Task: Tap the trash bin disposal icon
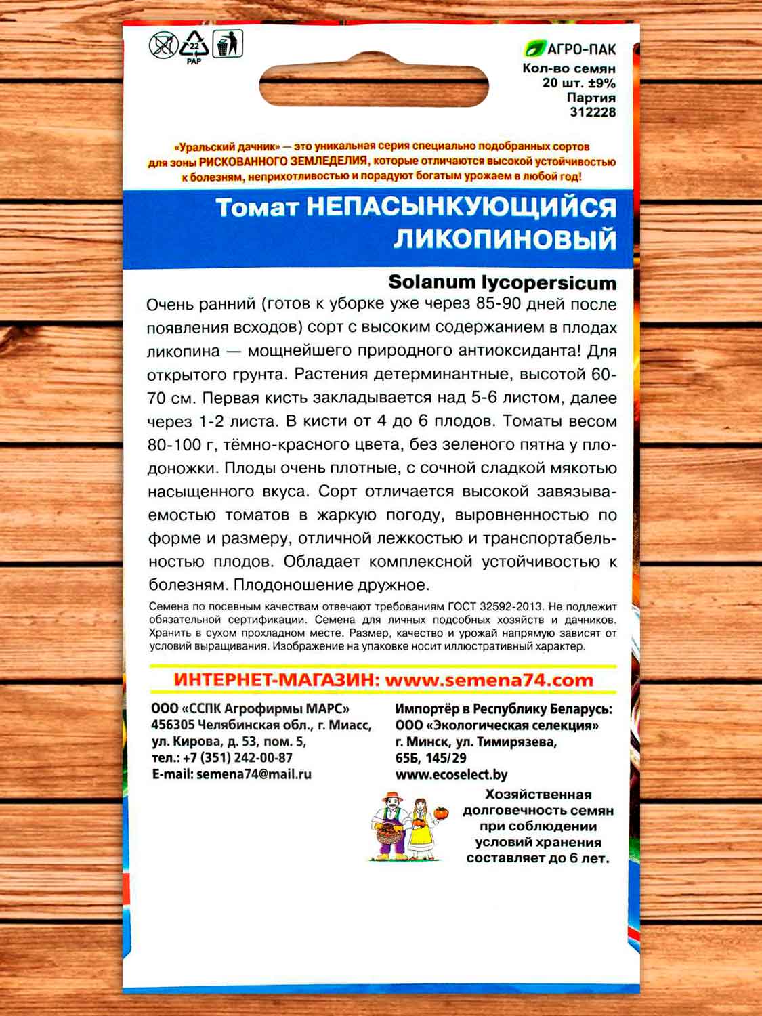point(228,45)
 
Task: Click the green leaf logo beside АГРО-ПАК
point(534,49)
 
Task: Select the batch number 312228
point(593,112)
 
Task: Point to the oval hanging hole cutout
point(374,85)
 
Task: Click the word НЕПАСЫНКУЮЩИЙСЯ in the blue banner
point(461,208)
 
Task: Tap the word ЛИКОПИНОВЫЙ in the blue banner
point(505,239)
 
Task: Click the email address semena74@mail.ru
point(253,774)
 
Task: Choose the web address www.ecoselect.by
point(451,774)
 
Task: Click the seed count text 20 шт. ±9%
point(578,83)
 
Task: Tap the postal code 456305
point(173,725)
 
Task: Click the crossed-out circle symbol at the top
point(163,46)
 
